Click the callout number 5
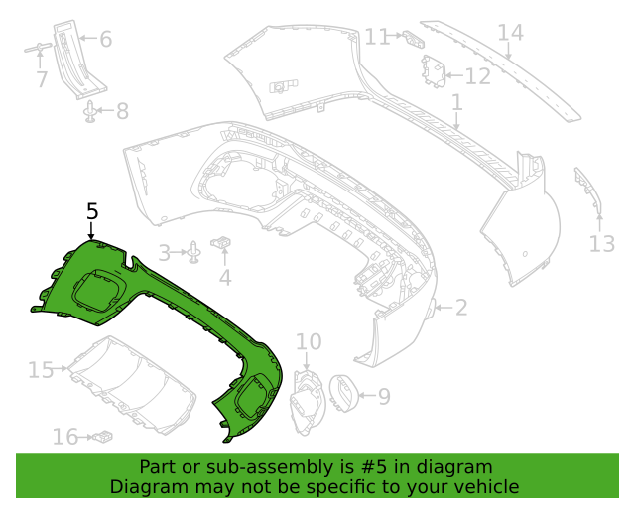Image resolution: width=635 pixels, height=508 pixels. coord(92,211)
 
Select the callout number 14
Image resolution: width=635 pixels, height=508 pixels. coord(510,33)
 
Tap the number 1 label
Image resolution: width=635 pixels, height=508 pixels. coord(456,102)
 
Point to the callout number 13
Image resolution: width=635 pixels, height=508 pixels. coord(602,244)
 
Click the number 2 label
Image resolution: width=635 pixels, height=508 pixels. coord(461,308)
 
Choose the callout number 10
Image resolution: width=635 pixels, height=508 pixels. coord(309,342)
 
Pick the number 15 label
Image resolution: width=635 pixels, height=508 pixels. coord(40,370)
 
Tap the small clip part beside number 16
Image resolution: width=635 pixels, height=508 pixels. coord(101,436)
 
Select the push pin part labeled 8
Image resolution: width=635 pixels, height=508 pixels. coord(91,112)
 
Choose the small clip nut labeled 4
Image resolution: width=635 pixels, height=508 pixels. coord(224,242)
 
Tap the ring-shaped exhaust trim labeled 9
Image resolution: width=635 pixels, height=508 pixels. coord(343,392)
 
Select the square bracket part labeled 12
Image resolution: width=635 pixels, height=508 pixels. coord(434,71)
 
